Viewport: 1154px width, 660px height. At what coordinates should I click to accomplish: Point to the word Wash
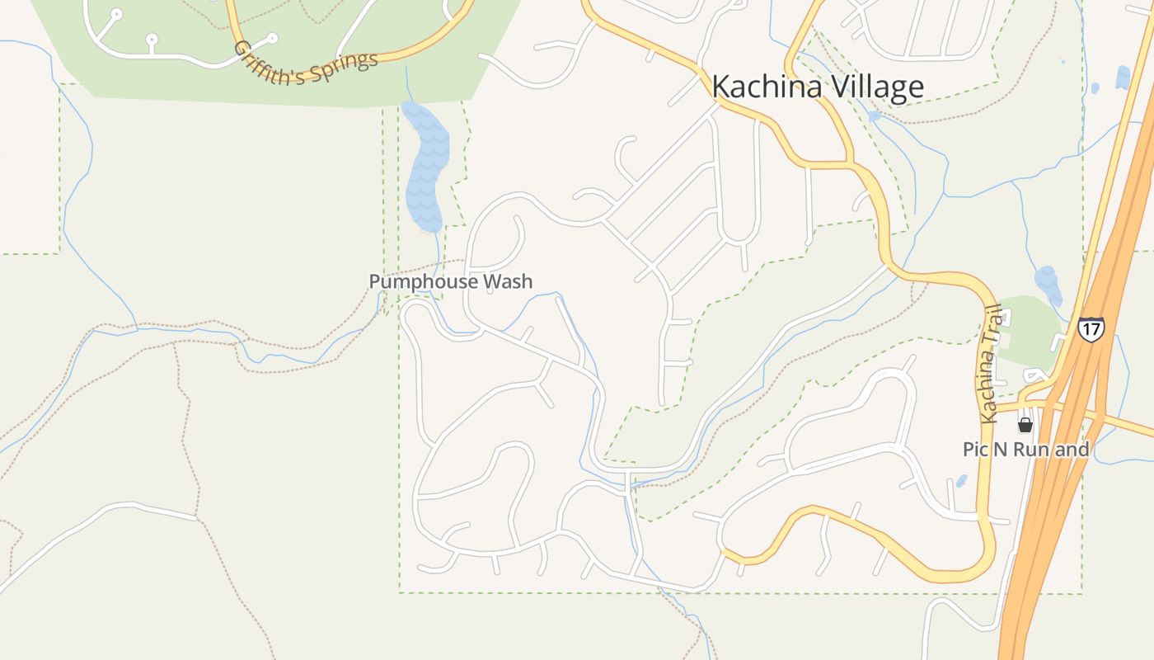click(507, 281)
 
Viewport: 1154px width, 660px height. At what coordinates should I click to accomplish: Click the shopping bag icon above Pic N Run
click(1025, 425)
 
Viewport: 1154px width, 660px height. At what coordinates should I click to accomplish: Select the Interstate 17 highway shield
click(1091, 328)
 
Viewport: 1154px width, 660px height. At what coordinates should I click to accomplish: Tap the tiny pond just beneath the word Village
click(875, 117)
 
